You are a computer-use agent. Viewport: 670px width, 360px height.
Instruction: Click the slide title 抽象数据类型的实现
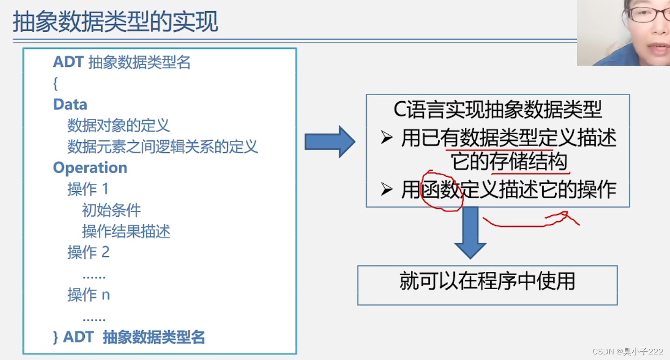[x=115, y=22]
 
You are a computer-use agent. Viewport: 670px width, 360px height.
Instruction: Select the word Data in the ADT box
[x=70, y=104]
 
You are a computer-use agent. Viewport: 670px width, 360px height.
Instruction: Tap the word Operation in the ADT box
[x=90, y=168]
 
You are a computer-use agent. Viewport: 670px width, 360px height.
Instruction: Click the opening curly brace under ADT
[x=55, y=84]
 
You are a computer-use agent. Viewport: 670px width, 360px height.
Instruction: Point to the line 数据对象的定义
[x=118, y=125]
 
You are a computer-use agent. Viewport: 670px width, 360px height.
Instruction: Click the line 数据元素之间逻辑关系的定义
[x=162, y=147]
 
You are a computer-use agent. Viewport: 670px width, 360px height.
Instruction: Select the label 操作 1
[x=88, y=189]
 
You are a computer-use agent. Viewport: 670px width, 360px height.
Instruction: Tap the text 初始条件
[x=111, y=210]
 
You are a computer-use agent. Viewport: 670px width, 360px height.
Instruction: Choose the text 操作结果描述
[x=126, y=232]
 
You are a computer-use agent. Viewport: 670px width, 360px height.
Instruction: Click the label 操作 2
[x=88, y=252]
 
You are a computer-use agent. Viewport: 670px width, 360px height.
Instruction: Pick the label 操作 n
[x=88, y=295]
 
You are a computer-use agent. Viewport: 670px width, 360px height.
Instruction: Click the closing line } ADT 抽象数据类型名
[x=129, y=337]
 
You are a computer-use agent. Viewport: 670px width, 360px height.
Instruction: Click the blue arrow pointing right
[x=330, y=142]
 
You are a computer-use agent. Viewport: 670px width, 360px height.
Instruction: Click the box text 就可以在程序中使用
[x=487, y=282]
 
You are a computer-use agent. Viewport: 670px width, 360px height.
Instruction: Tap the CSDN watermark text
[x=628, y=352]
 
